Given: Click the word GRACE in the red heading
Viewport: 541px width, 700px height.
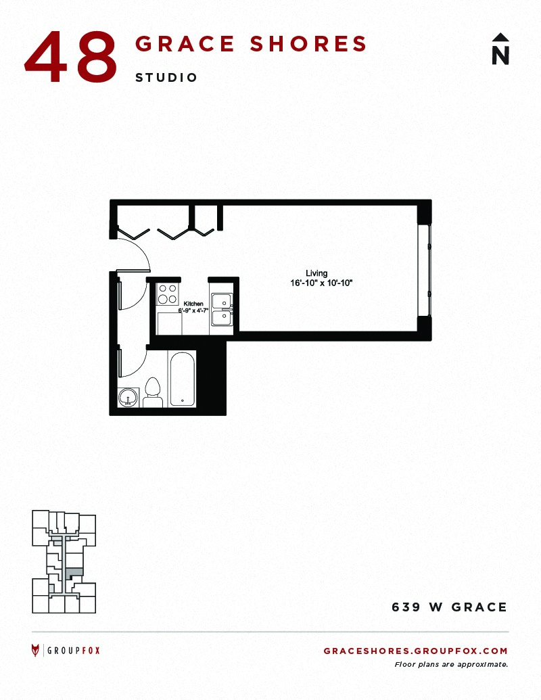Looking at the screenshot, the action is (185, 44).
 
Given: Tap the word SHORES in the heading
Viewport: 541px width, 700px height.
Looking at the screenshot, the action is (308, 44).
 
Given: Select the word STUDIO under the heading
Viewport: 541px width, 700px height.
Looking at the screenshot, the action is (166, 78).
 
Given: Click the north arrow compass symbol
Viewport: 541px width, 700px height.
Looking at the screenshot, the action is (500, 49).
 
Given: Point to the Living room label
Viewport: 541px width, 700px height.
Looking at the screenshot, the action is (316, 273).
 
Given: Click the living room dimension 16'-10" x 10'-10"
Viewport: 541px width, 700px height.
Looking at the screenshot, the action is (321, 283).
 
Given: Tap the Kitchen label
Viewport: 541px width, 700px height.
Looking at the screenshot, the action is (193, 304).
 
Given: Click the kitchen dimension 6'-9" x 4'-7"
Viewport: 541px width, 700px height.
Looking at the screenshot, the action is (193, 310).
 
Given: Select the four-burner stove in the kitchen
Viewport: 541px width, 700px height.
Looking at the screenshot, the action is (168, 294).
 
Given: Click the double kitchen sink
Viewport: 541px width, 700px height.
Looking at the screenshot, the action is (221, 309).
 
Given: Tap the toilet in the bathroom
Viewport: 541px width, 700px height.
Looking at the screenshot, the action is (153, 393).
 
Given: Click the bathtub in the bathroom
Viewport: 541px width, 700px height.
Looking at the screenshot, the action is (182, 379).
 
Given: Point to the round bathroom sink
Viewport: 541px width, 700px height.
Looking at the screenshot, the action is (129, 397).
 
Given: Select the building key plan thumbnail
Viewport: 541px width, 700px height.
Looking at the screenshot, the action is (64, 561).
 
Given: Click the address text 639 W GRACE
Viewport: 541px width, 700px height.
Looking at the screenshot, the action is (450, 607).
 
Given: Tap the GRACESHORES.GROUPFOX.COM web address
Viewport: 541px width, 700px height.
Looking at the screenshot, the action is (416, 651).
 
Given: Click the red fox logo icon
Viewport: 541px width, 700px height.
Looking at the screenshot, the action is (35, 651).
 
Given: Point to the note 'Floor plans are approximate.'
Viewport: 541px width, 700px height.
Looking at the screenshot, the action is (451, 664).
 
